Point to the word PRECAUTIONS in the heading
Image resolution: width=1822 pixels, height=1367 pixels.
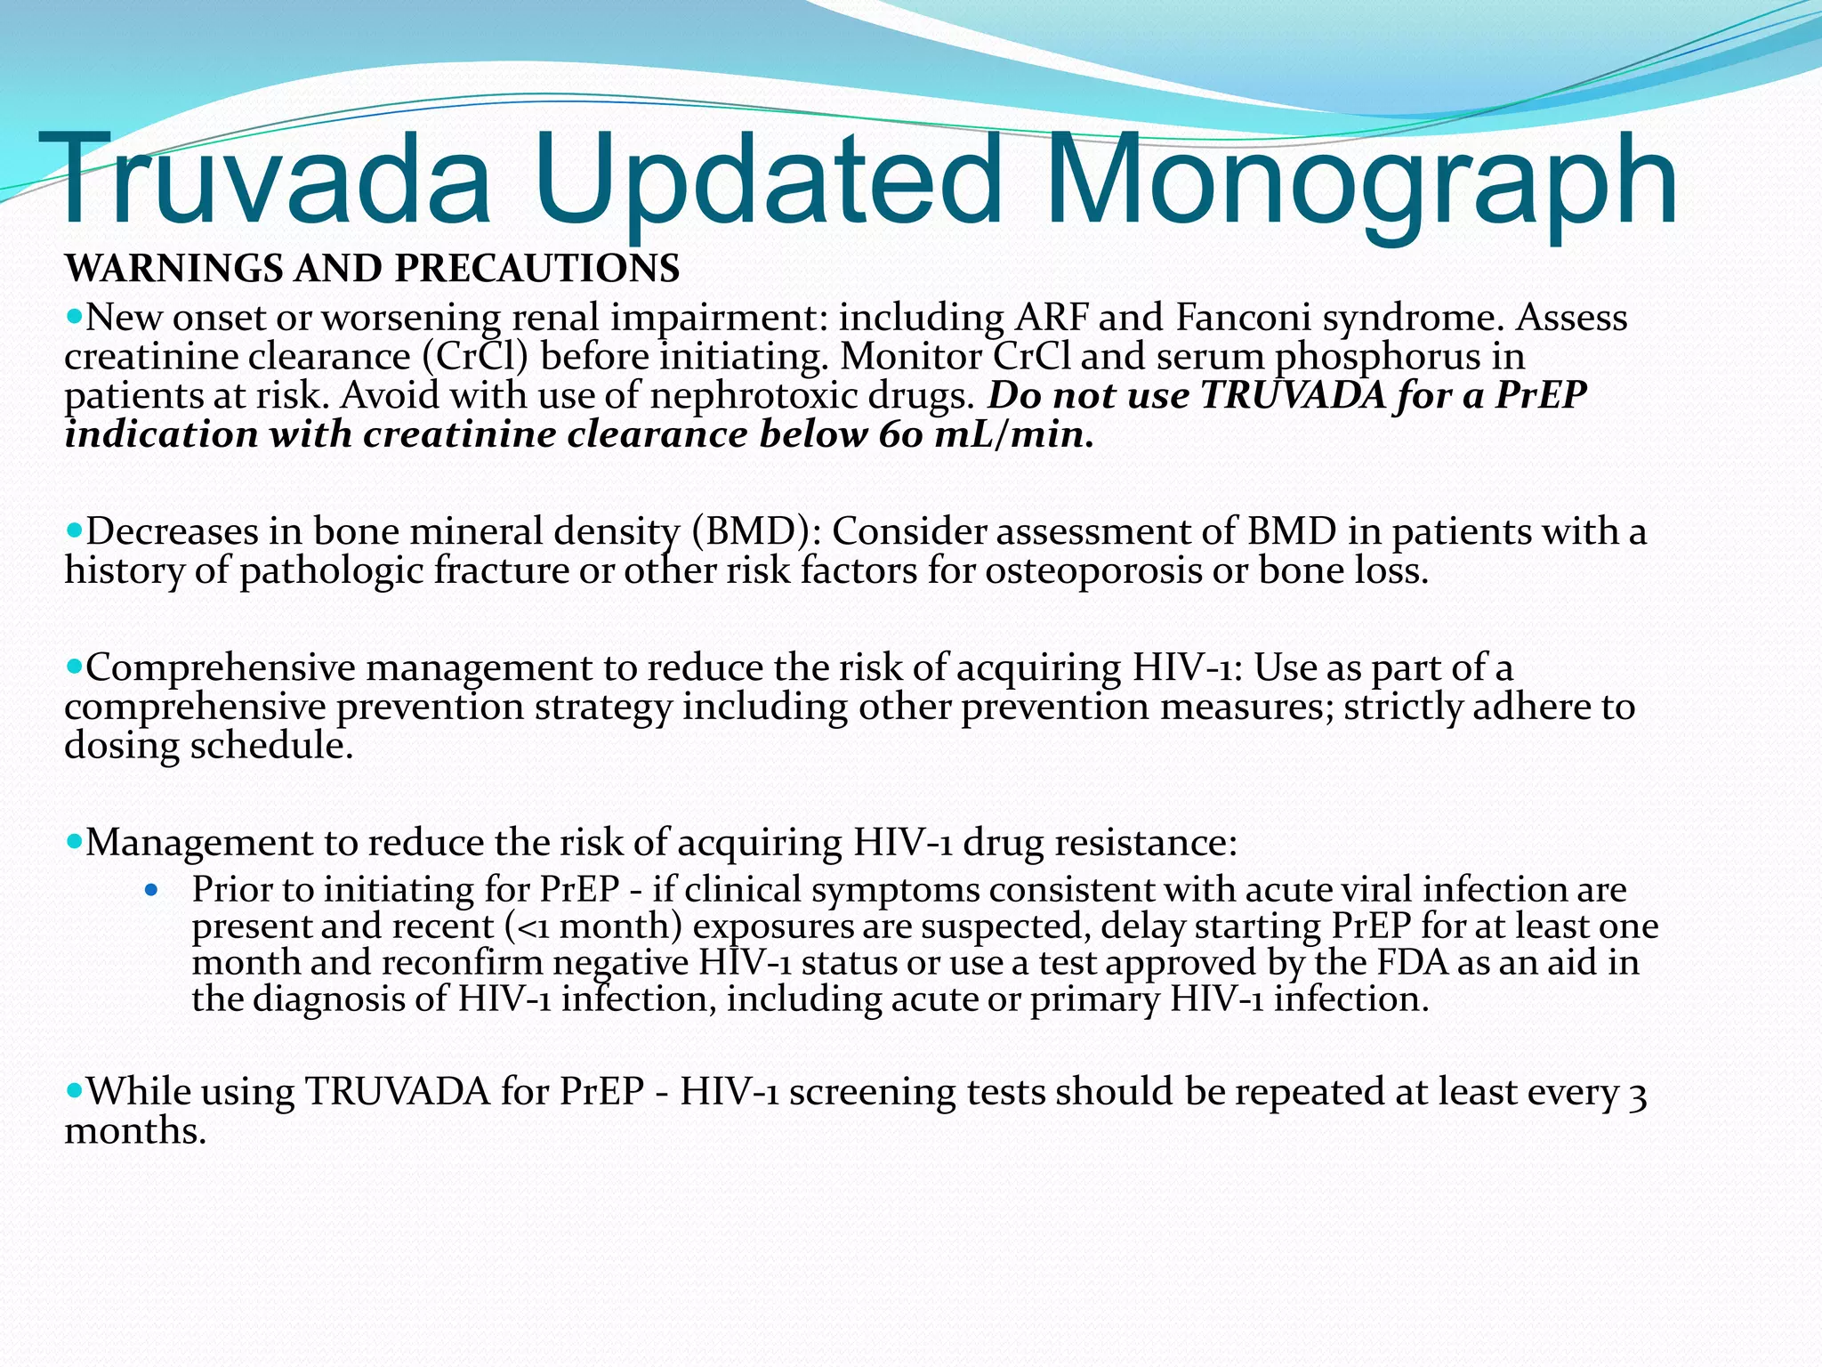point(537,269)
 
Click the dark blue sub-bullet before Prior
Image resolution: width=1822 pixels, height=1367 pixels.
point(151,889)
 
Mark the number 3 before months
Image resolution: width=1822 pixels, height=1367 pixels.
point(1637,1094)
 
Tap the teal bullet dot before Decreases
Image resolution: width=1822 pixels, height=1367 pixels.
point(74,530)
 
